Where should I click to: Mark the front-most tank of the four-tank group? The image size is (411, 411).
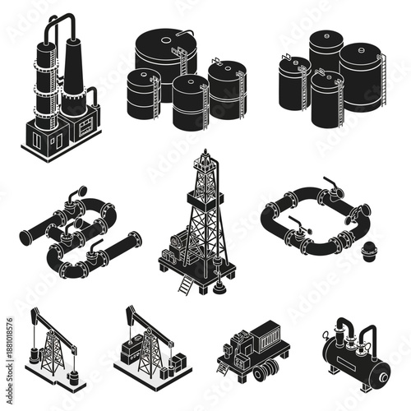(191, 103)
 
